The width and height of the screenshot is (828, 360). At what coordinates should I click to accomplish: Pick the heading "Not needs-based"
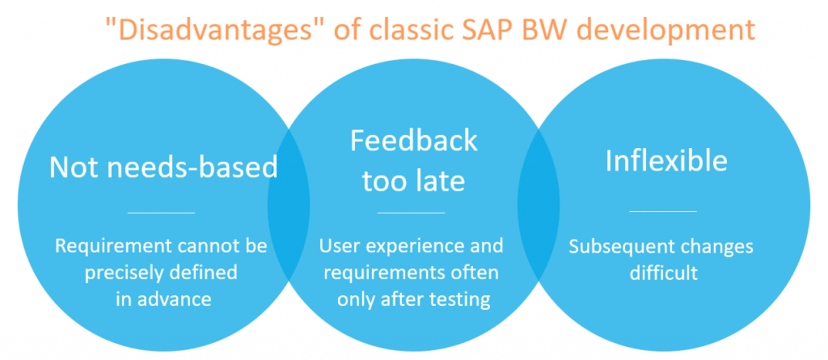pyautogui.click(x=163, y=167)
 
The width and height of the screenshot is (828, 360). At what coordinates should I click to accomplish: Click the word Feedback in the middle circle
pyautogui.click(x=414, y=141)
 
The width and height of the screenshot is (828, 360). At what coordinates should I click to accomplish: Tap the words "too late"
pyautogui.click(x=413, y=180)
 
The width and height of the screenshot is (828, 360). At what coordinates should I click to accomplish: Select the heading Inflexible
pyautogui.click(x=666, y=160)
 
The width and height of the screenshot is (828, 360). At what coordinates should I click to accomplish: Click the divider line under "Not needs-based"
pyautogui.click(x=162, y=213)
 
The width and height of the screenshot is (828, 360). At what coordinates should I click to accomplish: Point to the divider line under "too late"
pyautogui.click(x=412, y=213)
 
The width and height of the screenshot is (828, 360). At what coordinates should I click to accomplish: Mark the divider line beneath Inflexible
pyautogui.click(x=663, y=211)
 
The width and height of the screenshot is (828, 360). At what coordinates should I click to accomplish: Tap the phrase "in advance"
pyautogui.click(x=163, y=299)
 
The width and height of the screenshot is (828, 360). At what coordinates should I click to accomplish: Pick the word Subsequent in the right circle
pyautogui.click(x=615, y=247)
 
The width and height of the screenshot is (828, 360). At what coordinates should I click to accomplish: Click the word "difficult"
pyautogui.click(x=664, y=273)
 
